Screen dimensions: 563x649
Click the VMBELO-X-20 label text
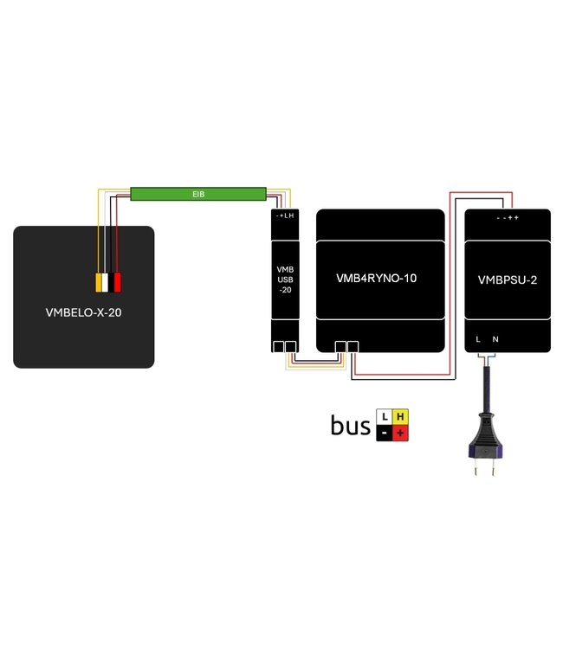point(83,312)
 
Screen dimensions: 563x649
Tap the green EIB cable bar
point(197,194)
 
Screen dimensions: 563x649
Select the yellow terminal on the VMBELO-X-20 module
point(100,282)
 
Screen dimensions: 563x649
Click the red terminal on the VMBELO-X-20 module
point(118,282)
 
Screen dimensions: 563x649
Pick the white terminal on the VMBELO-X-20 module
point(108,282)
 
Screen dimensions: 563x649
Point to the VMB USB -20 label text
point(285,280)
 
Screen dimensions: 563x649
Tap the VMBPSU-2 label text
point(507,280)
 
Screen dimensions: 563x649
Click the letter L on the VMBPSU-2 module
point(478,340)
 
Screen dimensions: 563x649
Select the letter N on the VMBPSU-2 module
point(495,340)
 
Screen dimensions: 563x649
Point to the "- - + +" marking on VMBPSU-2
point(508,218)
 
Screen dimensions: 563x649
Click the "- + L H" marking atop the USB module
point(285,215)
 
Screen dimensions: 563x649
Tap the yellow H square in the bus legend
point(399,417)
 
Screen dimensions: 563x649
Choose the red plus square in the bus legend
point(399,432)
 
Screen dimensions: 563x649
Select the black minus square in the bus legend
point(385,432)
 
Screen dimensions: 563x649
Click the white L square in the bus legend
point(385,417)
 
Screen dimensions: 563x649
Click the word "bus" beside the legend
point(350,425)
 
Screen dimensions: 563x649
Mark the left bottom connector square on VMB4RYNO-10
point(341,347)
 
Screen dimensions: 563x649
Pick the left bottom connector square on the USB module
point(279,347)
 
